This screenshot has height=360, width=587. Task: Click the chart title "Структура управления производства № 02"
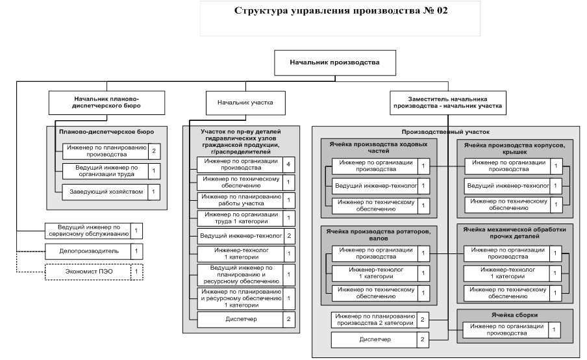(x=341, y=10)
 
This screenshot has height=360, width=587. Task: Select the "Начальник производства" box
(x=335, y=63)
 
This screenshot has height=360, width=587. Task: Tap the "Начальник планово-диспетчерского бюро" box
(x=106, y=103)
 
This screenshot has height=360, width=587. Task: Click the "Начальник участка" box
(x=245, y=103)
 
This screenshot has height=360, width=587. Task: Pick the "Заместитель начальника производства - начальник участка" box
(x=448, y=103)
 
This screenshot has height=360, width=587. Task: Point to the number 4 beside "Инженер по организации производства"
(x=289, y=164)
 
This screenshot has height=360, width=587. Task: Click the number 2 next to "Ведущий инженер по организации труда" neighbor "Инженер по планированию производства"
(x=154, y=151)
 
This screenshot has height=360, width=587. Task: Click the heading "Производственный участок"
(x=445, y=132)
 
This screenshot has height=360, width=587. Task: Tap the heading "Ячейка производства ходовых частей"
(x=379, y=148)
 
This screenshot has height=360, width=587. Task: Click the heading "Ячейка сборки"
(x=514, y=315)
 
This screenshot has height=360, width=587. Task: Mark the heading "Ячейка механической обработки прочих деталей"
(x=514, y=233)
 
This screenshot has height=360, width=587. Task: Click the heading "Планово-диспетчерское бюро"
(x=106, y=132)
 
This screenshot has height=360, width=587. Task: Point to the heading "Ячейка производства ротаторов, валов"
(x=378, y=235)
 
